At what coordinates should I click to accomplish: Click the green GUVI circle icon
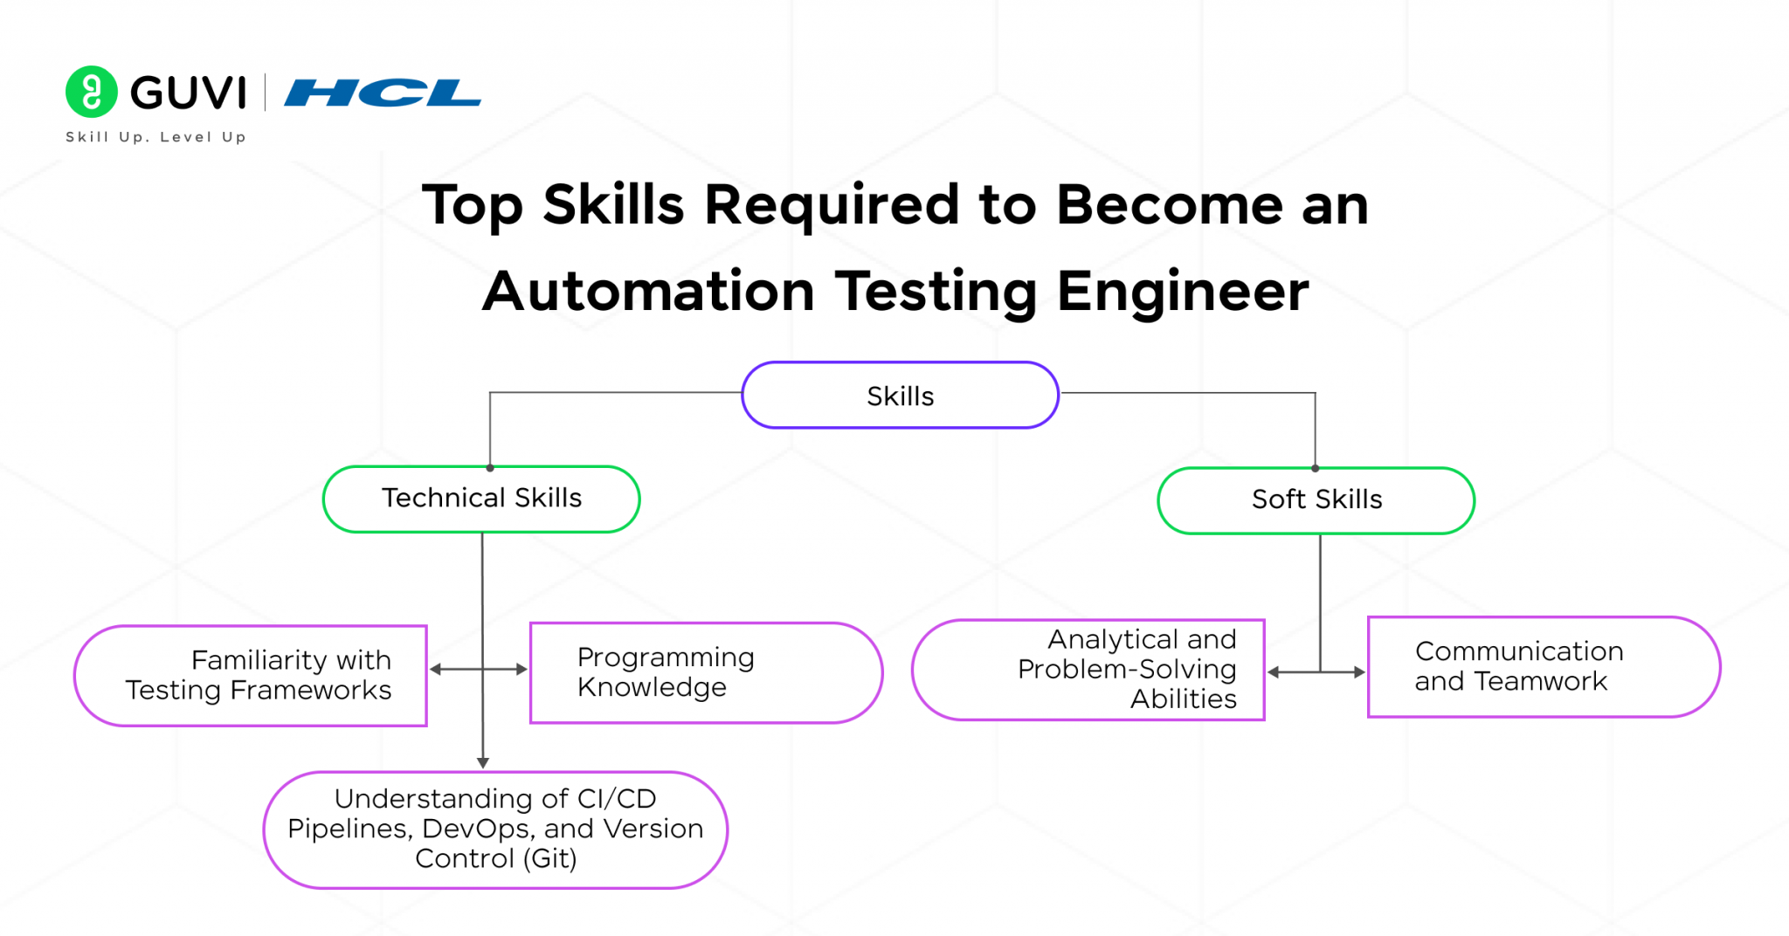click(91, 92)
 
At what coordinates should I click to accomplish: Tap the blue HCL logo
click(382, 93)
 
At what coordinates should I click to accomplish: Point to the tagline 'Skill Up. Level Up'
click(155, 137)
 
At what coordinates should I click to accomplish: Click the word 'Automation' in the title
click(648, 292)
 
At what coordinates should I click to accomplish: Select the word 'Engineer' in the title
click(1183, 292)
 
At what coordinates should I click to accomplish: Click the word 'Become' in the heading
click(1170, 206)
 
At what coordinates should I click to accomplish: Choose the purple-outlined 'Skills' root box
click(900, 396)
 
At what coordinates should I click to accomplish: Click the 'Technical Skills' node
click(481, 499)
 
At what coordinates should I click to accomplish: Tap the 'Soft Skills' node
click(1316, 500)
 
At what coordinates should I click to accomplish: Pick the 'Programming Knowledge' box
click(706, 672)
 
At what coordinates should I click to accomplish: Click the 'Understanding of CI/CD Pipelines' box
click(495, 829)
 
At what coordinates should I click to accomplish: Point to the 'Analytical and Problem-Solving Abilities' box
click(1088, 670)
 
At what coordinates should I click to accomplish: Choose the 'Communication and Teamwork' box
click(1543, 667)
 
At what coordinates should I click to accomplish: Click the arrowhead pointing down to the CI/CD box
click(482, 763)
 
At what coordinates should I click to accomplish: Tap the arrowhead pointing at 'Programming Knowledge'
click(522, 670)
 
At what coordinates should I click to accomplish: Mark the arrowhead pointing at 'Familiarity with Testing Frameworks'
click(435, 670)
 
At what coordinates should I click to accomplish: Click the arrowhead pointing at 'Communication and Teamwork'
click(1359, 672)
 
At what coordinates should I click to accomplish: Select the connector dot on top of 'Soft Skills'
click(1315, 469)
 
